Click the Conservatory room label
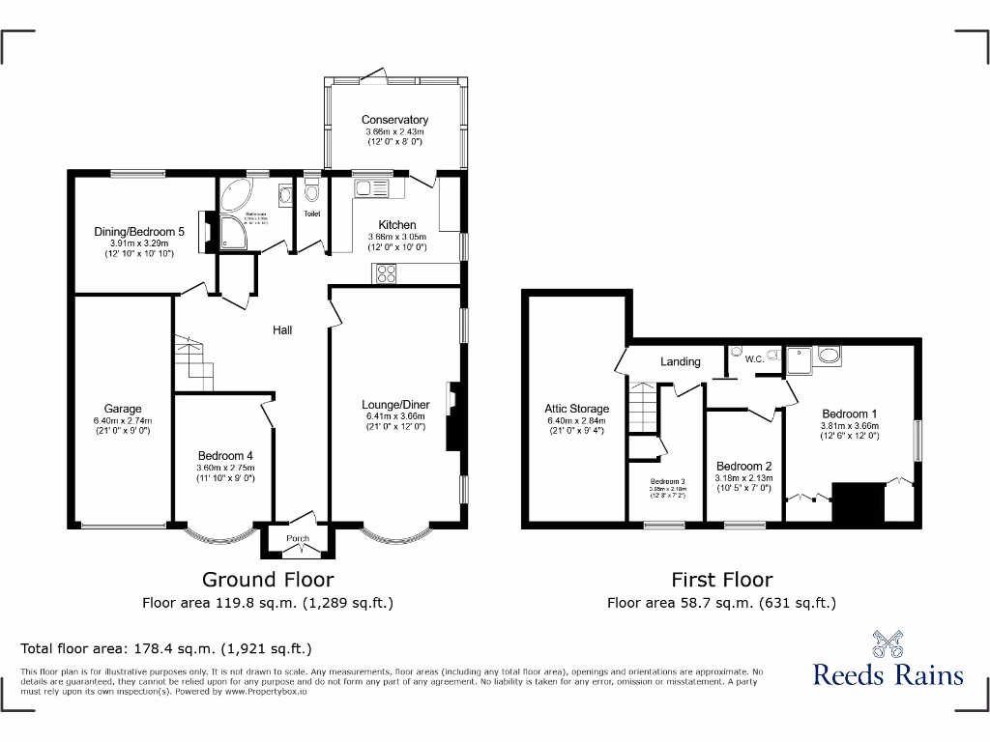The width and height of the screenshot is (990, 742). [x=395, y=120]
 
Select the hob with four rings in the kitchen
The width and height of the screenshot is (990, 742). [x=384, y=273]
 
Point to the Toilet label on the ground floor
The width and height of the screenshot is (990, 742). [x=311, y=214]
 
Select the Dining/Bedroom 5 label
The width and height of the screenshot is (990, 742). [x=138, y=231]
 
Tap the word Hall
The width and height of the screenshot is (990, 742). [x=281, y=329]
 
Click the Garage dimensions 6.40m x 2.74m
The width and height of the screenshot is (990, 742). [x=123, y=421]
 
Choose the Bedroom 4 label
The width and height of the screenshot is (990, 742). [x=225, y=456]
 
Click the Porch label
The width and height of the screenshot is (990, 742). [x=298, y=538]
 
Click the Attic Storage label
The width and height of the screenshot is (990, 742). [x=576, y=409]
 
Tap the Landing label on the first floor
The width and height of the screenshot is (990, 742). [x=680, y=361]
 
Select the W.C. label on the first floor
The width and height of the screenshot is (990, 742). [x=755, y=359]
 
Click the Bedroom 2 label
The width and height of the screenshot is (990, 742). [x=743, y=466]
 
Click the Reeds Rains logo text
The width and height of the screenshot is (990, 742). [x=888, y=673]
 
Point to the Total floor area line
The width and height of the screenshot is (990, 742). [x=166, y=648]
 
